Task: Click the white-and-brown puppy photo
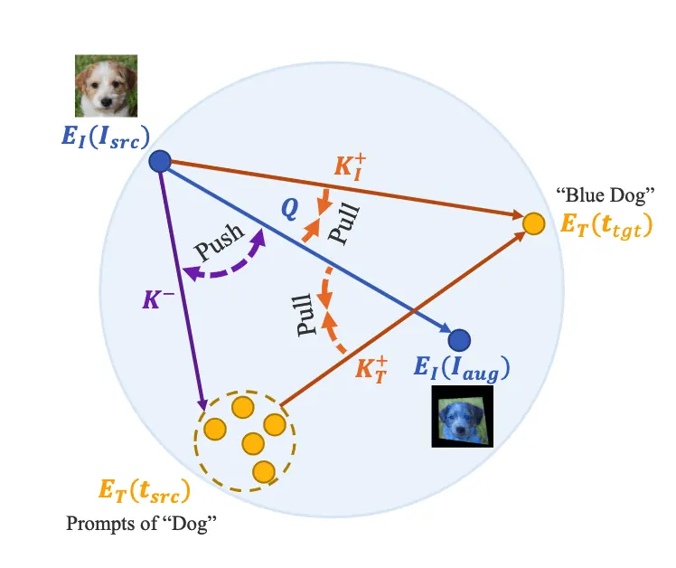(x=106, y=86)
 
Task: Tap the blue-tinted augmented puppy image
(x=463, y=416)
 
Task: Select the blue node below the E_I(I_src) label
(x=160, y=161)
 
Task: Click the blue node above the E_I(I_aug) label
(x=459, y=340)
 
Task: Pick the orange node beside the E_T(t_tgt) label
(x=534, y=223)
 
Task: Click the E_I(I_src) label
(x=106, y=137)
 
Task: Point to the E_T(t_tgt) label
(x=606, y=226)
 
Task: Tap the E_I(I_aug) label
(x=462, y=368)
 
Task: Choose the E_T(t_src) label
(x=145, y=491)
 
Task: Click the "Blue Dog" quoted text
(x=606, y=195)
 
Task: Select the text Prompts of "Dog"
(x=141, y=524)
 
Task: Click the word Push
(x=219, y=242)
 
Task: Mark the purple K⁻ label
(x=158, y=298)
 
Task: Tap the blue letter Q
(x=290, y=209)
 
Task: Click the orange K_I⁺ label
(x=350, y=167)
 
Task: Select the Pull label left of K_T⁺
(x=305, y=315)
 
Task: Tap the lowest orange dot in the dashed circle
(x=264, y=472)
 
